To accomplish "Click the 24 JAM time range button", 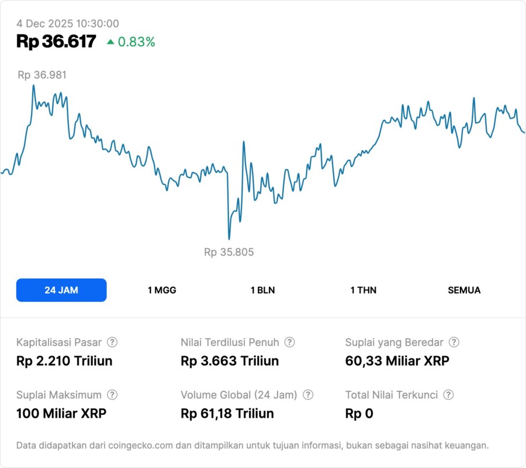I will (61, 290).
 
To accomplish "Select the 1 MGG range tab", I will (162, 290).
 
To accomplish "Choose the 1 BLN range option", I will (262, 290).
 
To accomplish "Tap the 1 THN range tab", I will (364, 290).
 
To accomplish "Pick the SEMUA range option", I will (464, 290).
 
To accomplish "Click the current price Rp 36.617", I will (56, 42).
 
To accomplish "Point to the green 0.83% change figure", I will (137, 42).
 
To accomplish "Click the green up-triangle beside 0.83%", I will (110, 42).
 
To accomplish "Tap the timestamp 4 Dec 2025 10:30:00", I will (68, 24).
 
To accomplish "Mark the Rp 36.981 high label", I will (42, 75).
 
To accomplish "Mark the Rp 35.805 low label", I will (229, 252).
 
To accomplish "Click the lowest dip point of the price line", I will (229, 239).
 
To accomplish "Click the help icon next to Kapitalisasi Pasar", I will (112, 342).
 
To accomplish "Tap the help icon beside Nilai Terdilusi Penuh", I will (289, 342).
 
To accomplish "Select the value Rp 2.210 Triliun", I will (64, 361).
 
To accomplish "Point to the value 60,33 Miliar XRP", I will (397, 361).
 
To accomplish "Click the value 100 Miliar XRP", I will (61, 414).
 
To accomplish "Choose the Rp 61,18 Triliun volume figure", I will (227, 414).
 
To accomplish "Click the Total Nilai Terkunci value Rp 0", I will (359, 414).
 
